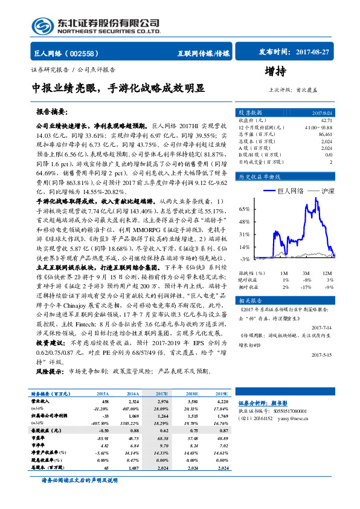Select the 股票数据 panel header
249,112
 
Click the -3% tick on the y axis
245,259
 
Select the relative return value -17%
306,287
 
